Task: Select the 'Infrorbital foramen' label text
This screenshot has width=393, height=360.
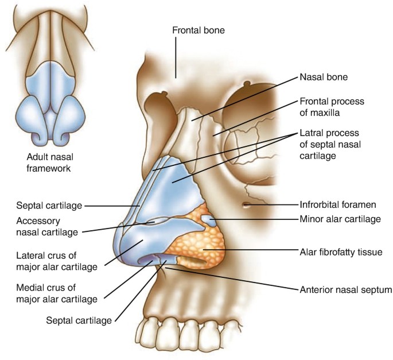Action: click(x=337, y=204)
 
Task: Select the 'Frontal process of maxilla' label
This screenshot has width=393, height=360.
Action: click(x=332, y=107)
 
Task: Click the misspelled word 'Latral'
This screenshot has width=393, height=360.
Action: click(x=312, y=133)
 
